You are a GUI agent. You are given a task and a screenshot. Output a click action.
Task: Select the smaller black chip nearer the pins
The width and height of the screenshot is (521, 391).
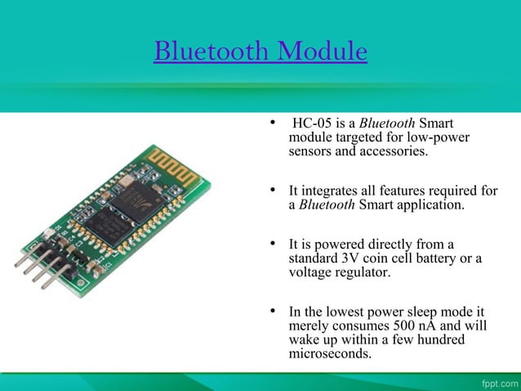105,222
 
